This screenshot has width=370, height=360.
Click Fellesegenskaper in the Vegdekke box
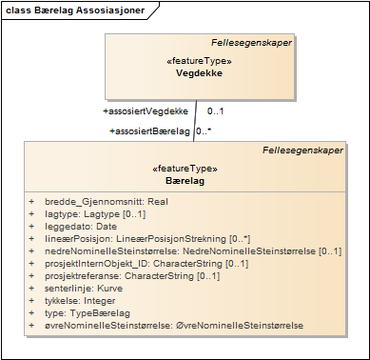pos(251,43)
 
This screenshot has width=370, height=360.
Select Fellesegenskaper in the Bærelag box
pos(303,150)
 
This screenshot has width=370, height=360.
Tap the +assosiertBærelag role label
pos(150,130)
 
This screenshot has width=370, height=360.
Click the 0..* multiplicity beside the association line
pos(204,130)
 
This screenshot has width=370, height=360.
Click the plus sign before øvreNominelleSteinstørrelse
pos(31,326)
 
